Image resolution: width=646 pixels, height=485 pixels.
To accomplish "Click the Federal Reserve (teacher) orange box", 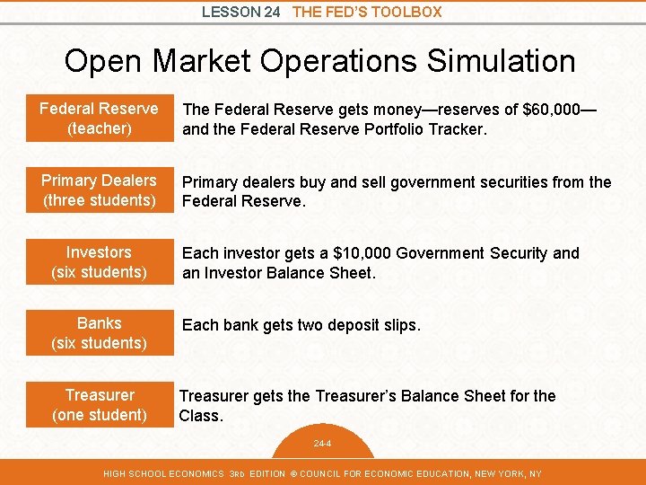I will (99, 119).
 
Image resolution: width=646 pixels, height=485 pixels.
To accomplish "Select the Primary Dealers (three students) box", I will (99, 190).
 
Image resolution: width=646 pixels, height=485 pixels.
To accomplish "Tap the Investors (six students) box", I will (99, 262).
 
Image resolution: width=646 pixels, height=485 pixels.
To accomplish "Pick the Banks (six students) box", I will (99, 333).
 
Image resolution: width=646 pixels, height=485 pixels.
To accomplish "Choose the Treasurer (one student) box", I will (99, 405).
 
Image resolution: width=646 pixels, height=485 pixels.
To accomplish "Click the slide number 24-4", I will (322, 444).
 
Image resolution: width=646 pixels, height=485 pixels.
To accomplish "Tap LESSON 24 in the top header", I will (241, 12).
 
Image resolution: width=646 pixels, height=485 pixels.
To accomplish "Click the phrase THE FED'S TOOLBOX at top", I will (367, 12).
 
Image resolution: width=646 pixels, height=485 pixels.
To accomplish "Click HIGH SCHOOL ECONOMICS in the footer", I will (162, 473).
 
